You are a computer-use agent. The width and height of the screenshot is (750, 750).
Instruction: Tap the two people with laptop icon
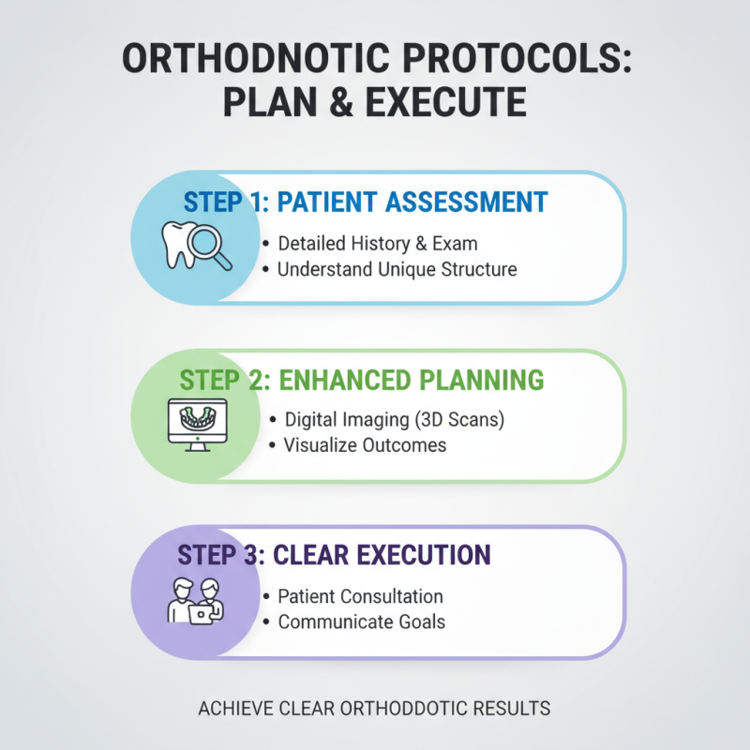[195, 600]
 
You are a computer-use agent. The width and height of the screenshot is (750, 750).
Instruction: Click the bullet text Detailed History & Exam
[378, 244]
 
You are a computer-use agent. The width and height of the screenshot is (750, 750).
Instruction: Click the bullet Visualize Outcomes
[366, 445]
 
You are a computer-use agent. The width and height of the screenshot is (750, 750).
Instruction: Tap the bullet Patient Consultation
[360, 596]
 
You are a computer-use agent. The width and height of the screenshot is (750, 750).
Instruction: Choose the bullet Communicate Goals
[361, 622]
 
